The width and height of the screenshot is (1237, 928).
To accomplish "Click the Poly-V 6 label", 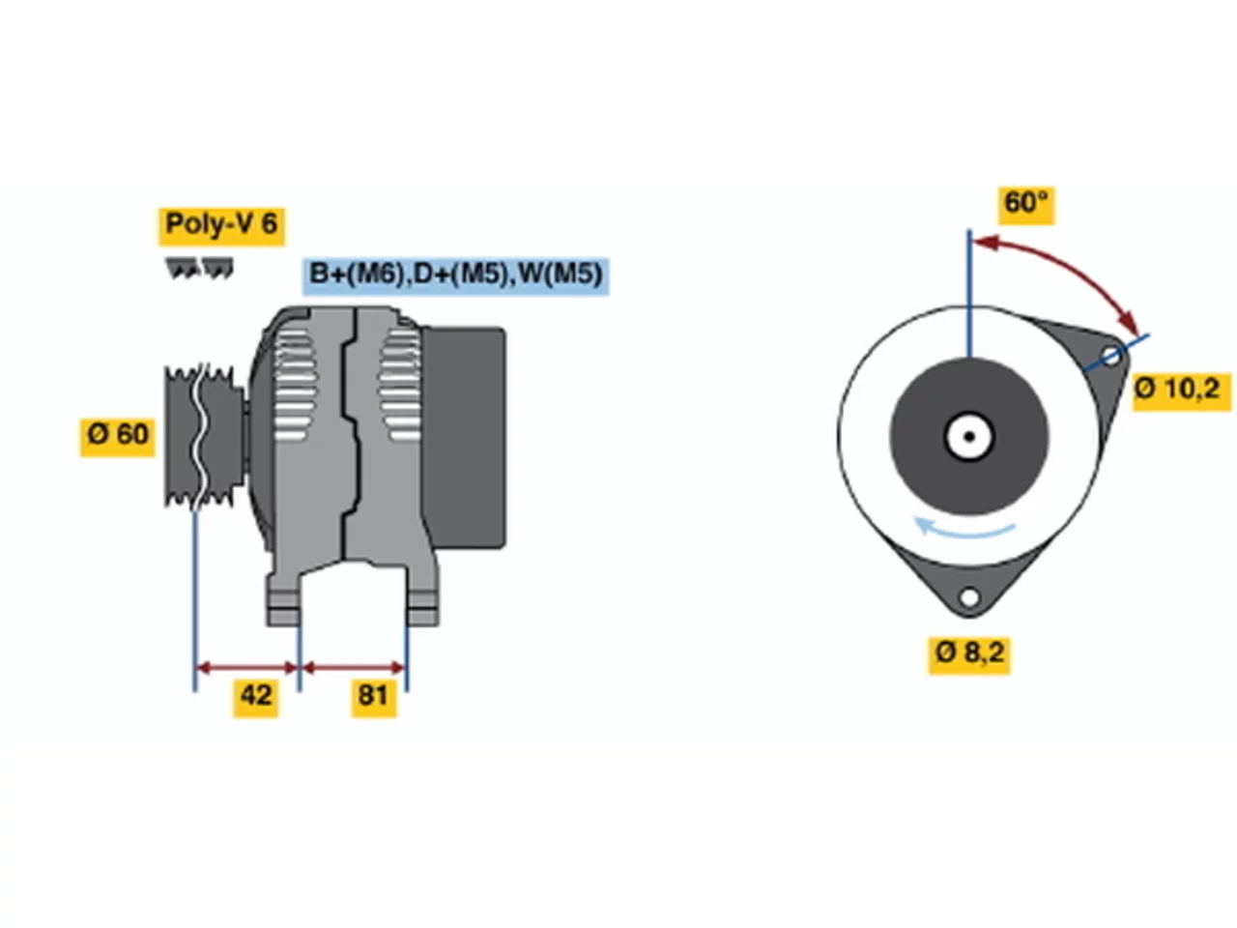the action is [221, 225].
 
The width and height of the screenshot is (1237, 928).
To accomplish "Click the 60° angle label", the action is [1025, 205].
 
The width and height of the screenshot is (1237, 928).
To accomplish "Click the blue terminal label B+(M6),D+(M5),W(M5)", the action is [455, 275].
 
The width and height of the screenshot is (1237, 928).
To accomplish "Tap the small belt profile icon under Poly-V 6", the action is [199, 268].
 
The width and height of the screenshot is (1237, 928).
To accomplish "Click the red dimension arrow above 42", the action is [246, 668].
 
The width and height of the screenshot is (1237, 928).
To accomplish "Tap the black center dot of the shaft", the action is [969, 437].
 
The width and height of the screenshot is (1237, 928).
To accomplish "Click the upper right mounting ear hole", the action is [1110, 356].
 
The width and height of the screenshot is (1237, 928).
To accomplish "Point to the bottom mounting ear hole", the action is [969, 596].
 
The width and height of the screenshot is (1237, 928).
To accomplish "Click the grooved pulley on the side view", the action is [205, 437].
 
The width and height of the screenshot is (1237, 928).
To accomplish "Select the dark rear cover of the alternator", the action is [465, 437].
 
